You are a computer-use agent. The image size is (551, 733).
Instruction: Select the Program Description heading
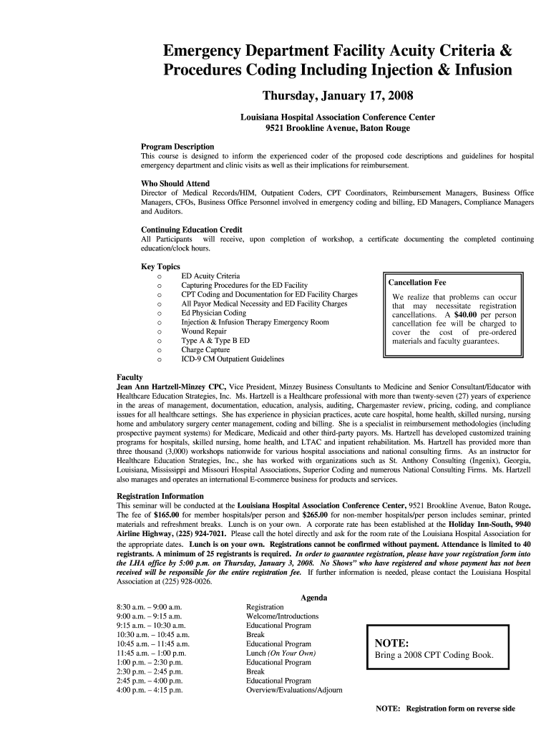click(x=177, y=147)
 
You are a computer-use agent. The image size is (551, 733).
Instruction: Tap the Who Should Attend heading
click(x=175, y=184)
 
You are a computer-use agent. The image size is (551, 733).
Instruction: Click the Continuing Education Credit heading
click(x=191, y=230)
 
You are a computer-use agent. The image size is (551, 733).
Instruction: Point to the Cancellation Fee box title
click(x=416, y=283)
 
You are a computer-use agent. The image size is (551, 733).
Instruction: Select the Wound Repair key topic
click(x=203, y=331)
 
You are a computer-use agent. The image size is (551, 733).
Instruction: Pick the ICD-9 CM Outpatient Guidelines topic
click(x=233, y=359)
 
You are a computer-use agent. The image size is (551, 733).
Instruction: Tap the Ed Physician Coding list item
click(x=213, y=313)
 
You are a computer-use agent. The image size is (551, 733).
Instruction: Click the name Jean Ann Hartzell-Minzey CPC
click(x=171, y=387)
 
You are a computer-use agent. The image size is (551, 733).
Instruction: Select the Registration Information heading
click(x=160, y=496)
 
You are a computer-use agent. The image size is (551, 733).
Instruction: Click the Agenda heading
click(x=313, y=598)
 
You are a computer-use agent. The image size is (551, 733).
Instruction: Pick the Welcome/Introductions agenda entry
click(x=282, y=616)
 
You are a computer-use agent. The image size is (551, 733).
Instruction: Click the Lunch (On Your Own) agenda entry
click(x=281, y=654)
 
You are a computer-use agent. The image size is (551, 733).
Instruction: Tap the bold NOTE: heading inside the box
click(x=391, y=643)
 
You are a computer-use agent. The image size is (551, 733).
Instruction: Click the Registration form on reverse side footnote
click(x=445, y=709)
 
